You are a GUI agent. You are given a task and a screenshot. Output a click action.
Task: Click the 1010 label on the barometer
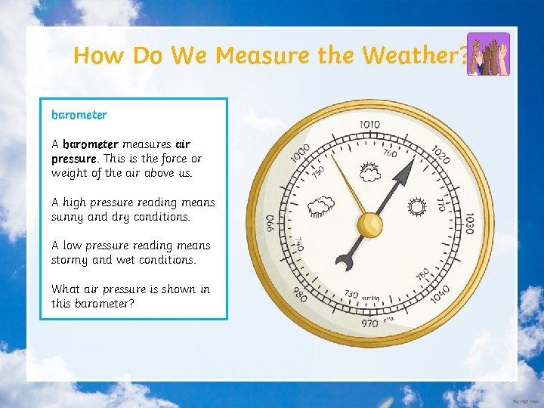[x=369, y=125]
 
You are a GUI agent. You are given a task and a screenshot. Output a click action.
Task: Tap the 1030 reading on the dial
[x=469, y=223]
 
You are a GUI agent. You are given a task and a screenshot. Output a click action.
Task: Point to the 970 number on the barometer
[x=369, y=323]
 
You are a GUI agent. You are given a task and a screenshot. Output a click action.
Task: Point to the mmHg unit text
[x=370, y=298]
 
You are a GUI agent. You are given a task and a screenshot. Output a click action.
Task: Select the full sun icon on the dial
[x=416, y=207]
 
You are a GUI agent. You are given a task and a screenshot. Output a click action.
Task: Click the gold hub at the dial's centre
[x=369, y=224]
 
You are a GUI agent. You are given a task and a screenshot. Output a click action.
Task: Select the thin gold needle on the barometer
[x=348, y=182]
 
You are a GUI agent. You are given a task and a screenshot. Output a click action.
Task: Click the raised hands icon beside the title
[x=488, y=54]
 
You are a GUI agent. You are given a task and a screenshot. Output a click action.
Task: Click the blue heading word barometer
[x=79, y=115]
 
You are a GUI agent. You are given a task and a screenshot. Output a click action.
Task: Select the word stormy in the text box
[x=70, y=260]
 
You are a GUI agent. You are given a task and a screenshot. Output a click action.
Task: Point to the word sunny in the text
[x=69, y=217]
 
